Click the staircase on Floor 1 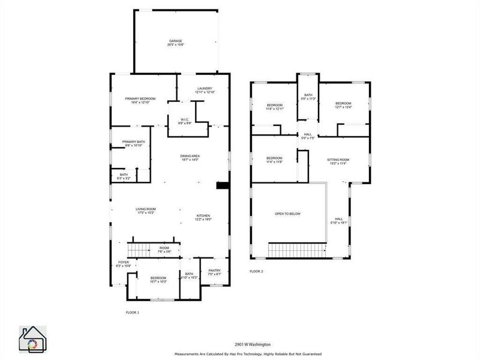point(139,249)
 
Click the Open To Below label point(288,214)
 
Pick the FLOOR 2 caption point(256,271)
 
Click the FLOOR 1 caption point(132,313)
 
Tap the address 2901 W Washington point(253,344)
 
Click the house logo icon point(33,340)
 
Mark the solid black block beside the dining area point(222,186)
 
